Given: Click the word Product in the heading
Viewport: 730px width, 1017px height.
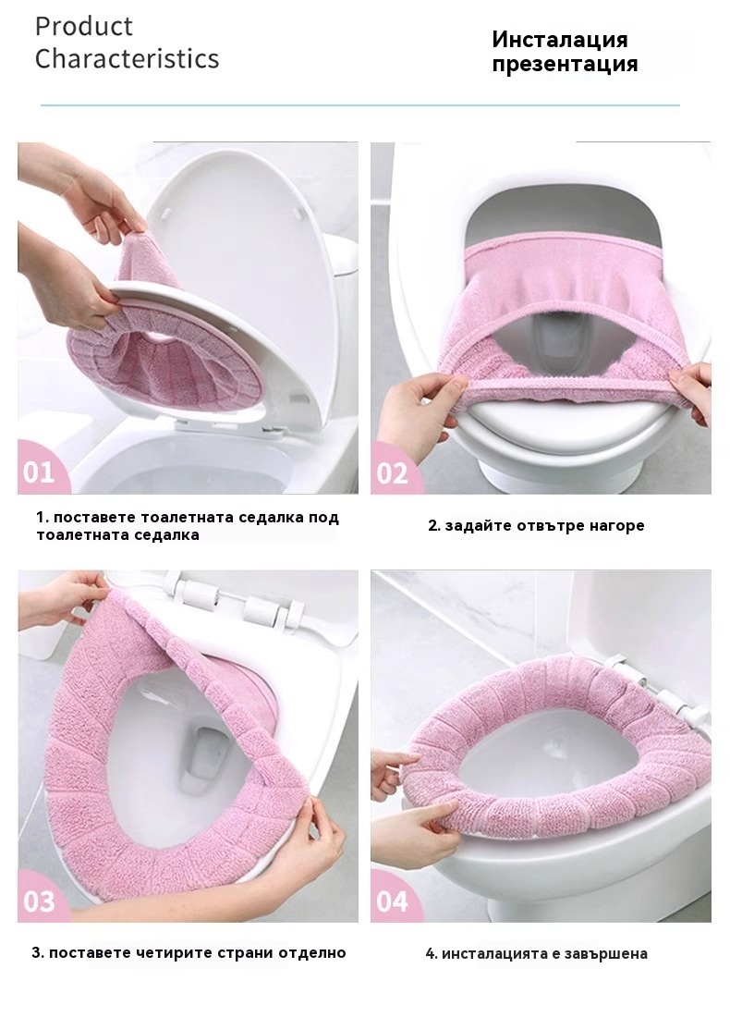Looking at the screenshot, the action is pos(84,27).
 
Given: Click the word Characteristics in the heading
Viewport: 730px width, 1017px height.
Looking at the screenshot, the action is pos(128,58).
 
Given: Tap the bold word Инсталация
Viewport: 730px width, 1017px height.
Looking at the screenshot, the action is pos(559,40).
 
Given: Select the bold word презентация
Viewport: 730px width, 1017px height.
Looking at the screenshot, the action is pos(565,65).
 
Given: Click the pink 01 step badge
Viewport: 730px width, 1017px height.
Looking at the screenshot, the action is pos(40,469).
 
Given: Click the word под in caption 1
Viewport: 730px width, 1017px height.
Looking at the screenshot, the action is pos(323,518).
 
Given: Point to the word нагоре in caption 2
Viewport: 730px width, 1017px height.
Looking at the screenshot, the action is pos(617,525).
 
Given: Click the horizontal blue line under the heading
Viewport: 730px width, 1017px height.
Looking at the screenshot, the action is pos(359,104).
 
